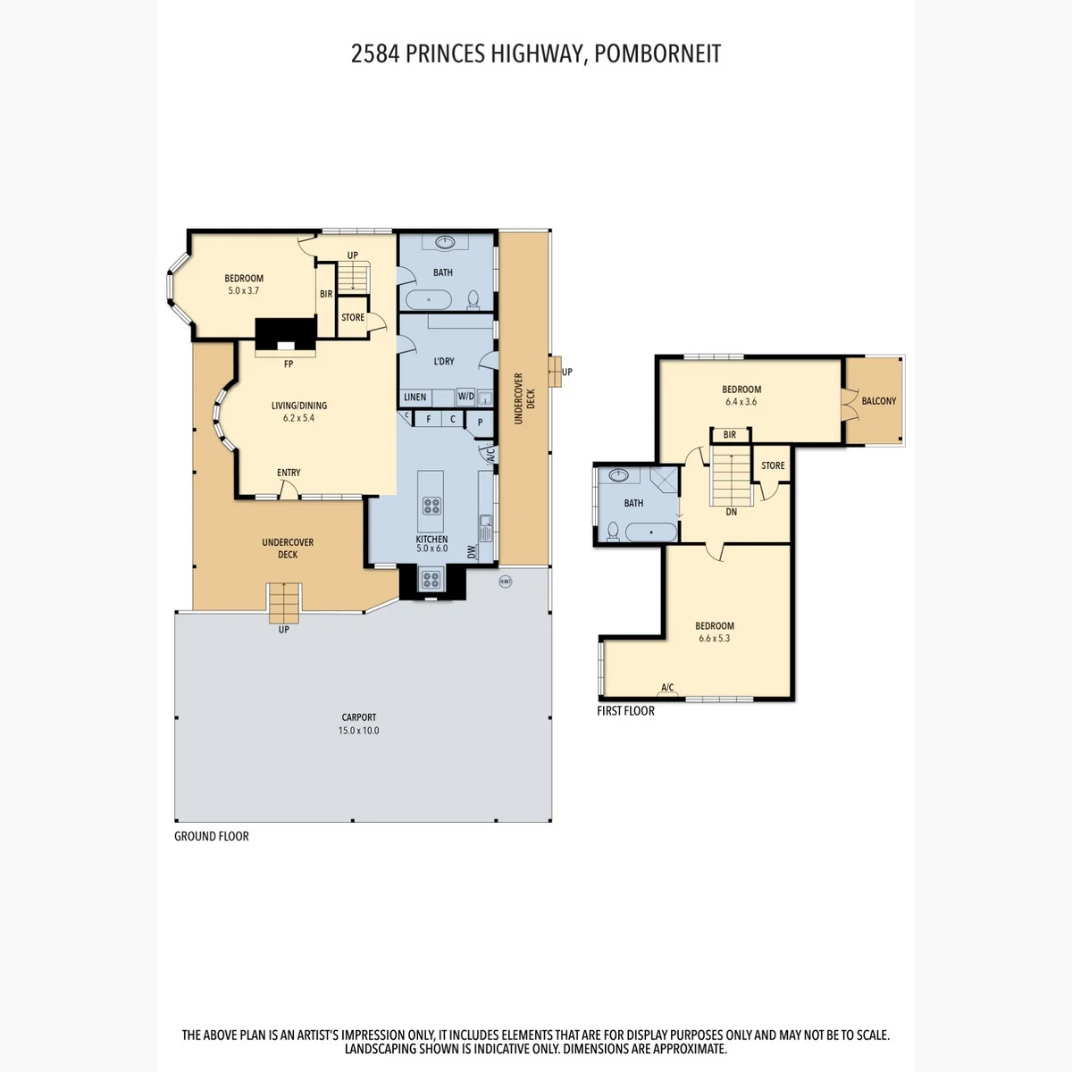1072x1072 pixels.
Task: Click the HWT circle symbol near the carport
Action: coord(505,582)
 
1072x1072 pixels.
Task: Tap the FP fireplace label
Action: coord(289,364)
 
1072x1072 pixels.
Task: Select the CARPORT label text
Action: coord(359,717)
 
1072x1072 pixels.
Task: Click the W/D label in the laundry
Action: coord(465,397)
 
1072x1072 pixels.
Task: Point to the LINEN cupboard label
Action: coord(415,398)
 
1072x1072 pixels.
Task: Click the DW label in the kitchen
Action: coord(472,552)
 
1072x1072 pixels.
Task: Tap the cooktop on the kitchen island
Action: coord(431,506)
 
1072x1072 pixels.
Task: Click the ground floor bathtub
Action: coord(429,300)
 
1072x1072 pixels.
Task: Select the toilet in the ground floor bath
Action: coord(473,299)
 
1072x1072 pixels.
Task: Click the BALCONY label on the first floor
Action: coord(878,401)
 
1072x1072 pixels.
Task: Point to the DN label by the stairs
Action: coord(731,512)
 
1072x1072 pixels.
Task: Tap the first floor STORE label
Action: coord(773,465)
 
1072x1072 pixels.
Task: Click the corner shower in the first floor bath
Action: coord(665,481)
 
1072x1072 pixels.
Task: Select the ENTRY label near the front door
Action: coord(289,473)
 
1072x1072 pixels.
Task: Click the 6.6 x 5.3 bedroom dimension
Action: coord(715,639)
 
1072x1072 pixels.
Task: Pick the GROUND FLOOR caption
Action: coord(212,836)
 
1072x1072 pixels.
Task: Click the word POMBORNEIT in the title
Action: coord(657,54)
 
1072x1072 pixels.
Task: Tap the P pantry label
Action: coord(480,423)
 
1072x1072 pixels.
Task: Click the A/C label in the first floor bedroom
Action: coord(667,688)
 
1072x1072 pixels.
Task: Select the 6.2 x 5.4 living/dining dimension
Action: coord(298,418)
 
